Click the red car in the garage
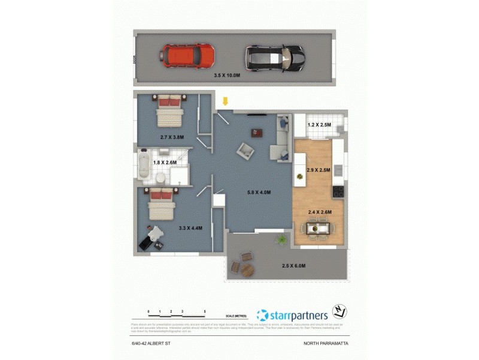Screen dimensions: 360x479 187,56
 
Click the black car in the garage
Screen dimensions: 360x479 275,58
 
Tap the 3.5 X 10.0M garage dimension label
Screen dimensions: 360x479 227,76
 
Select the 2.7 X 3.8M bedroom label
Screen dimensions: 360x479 172,137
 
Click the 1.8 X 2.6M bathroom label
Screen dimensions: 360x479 165,163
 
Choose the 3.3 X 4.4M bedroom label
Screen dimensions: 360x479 191,229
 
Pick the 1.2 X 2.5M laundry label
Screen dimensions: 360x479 319,125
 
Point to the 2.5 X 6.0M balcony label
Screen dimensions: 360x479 294,266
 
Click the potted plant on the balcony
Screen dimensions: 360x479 281,240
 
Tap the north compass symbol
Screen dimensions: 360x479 340,313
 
